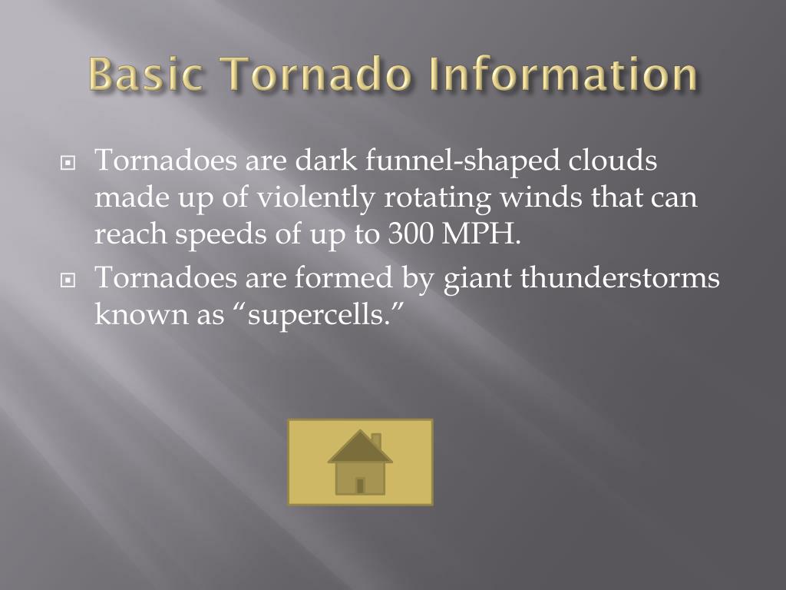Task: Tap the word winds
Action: pos(542,198)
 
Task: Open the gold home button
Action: pos(360,462)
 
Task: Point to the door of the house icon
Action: pos(360,485)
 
